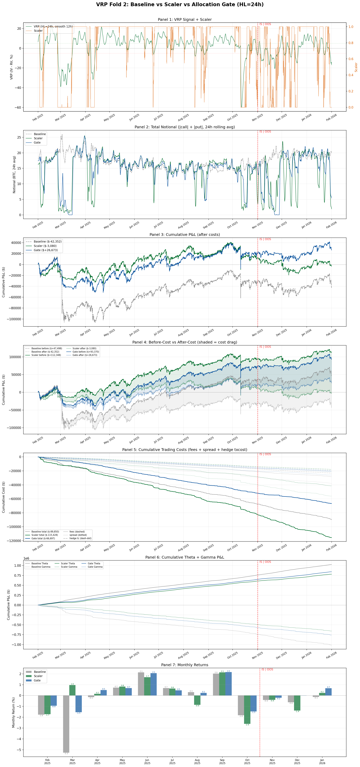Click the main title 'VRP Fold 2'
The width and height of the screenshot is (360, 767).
[x=180, y=5]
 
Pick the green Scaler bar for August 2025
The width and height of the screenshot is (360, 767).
[x=197, y=700]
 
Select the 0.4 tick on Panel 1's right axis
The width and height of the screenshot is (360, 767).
[x=351, y=75]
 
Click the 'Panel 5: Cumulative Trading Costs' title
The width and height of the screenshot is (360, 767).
[x=185, y=450]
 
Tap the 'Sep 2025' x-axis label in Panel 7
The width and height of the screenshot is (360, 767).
[x=222, y=761]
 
